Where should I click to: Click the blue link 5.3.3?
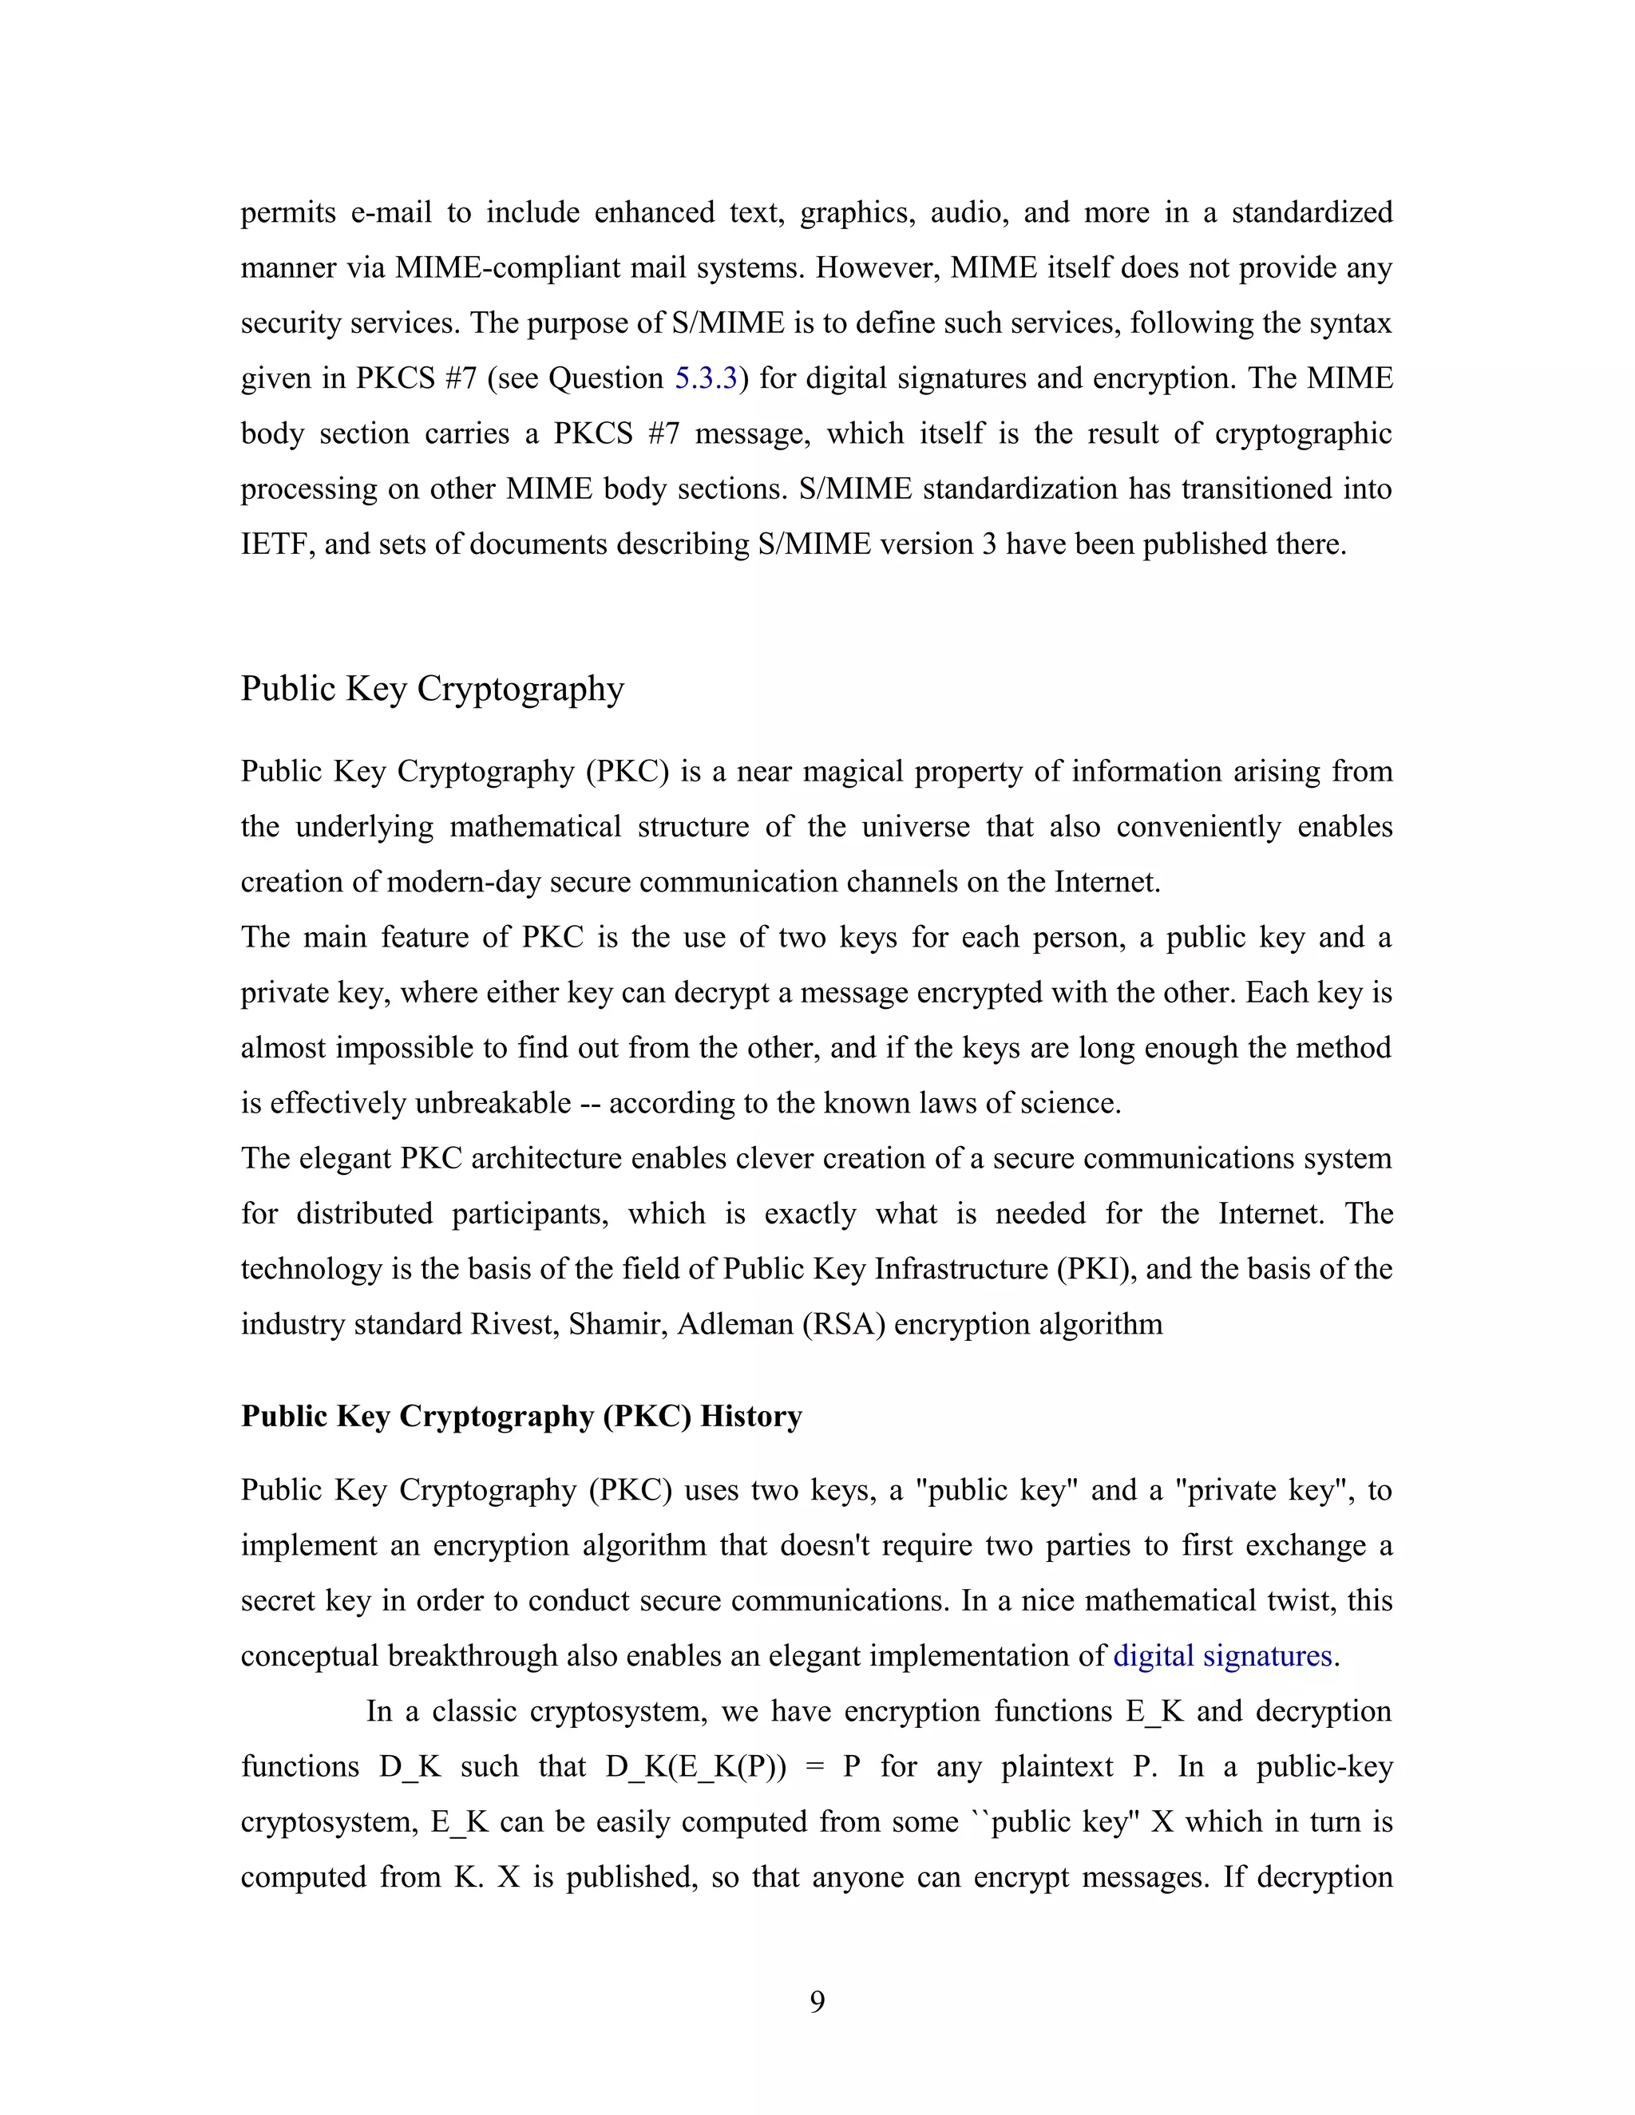[706, 378]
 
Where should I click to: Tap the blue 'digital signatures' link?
[1222, 1655]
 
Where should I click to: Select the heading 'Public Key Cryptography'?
[432, 689]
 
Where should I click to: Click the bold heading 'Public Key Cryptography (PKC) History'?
[521, 1416]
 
